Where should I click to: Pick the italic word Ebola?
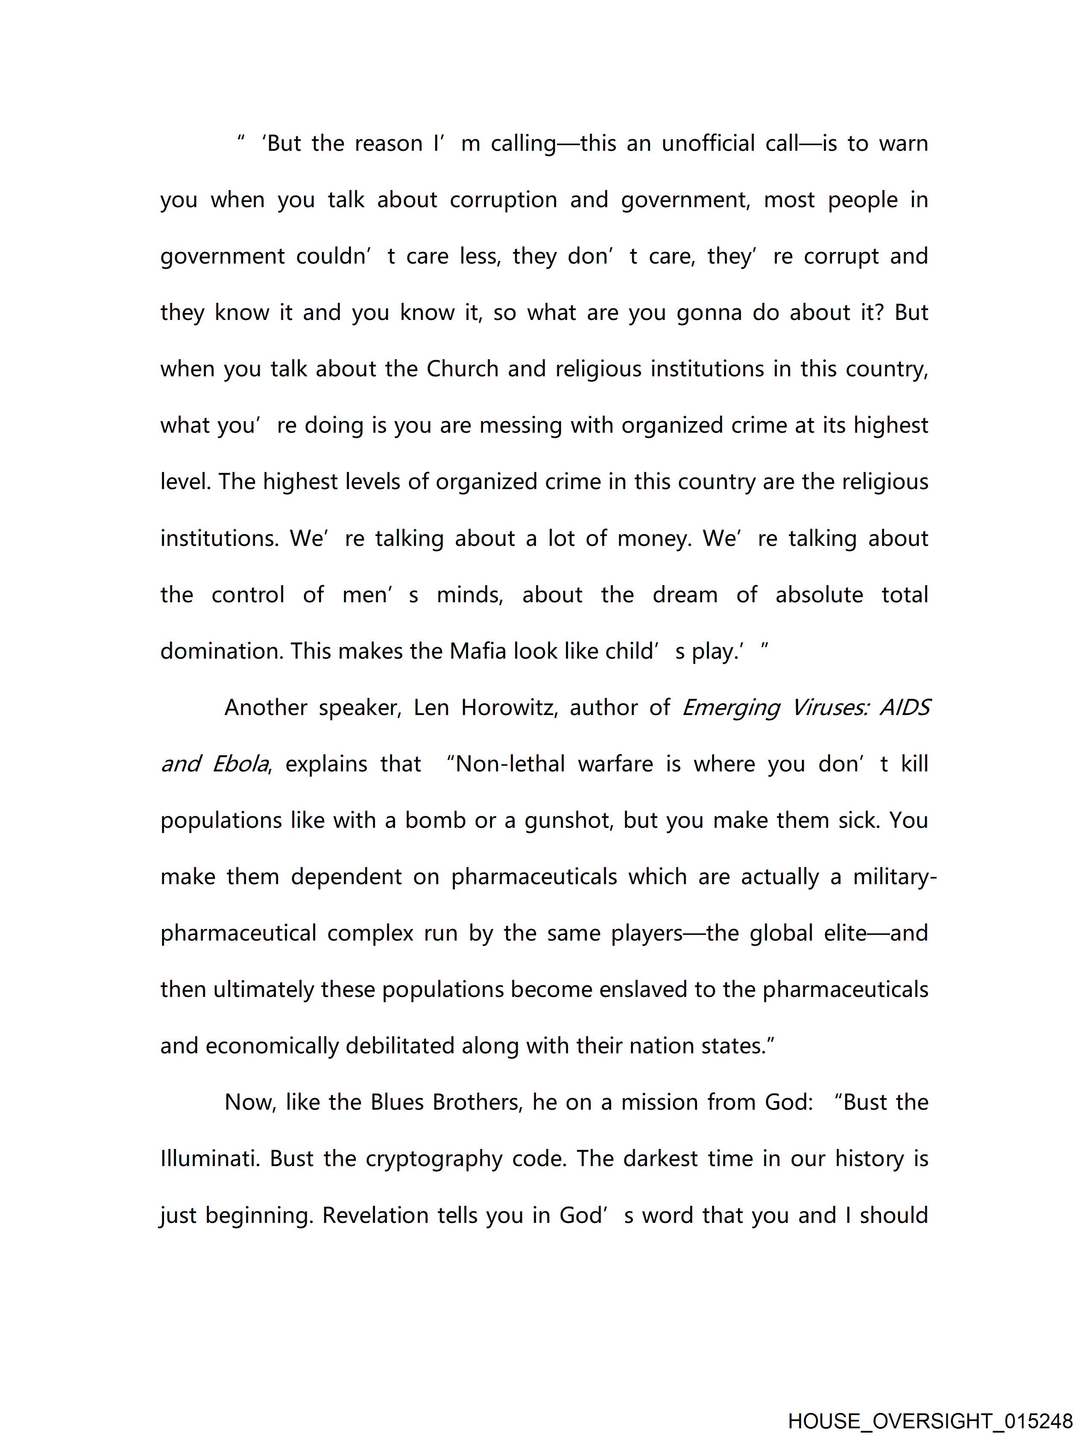click(x=240, y=764)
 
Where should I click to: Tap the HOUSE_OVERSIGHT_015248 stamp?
click(x=930, y=1421)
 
